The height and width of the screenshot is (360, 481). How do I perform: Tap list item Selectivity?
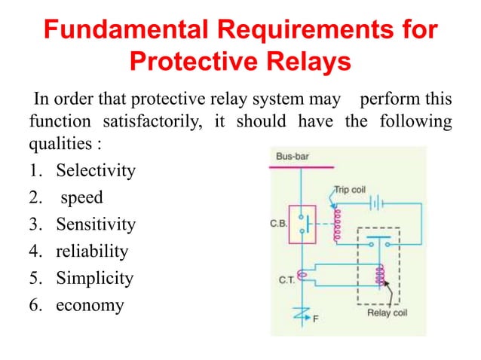[95, 171]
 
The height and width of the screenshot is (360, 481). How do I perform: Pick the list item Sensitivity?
[95, 224]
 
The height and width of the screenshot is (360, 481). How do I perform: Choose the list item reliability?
[91, 252]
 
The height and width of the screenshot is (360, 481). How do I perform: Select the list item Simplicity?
[93, 279]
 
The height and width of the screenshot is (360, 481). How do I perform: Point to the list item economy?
[90, 306]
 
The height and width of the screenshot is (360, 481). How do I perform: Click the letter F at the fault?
[315, 318]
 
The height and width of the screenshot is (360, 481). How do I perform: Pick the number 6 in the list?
[34, 306]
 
